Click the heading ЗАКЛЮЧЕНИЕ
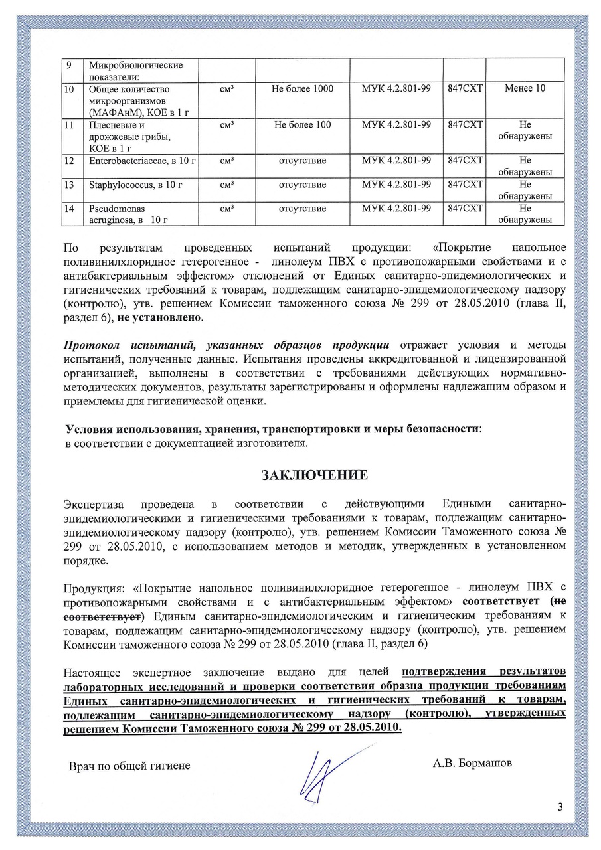point(314,475)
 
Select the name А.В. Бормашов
point(472,763)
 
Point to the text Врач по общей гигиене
point(130,766)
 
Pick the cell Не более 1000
point(303,88)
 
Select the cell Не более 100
point(303,125)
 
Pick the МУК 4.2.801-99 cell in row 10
point(396,88)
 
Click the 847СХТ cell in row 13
point(466,185)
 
